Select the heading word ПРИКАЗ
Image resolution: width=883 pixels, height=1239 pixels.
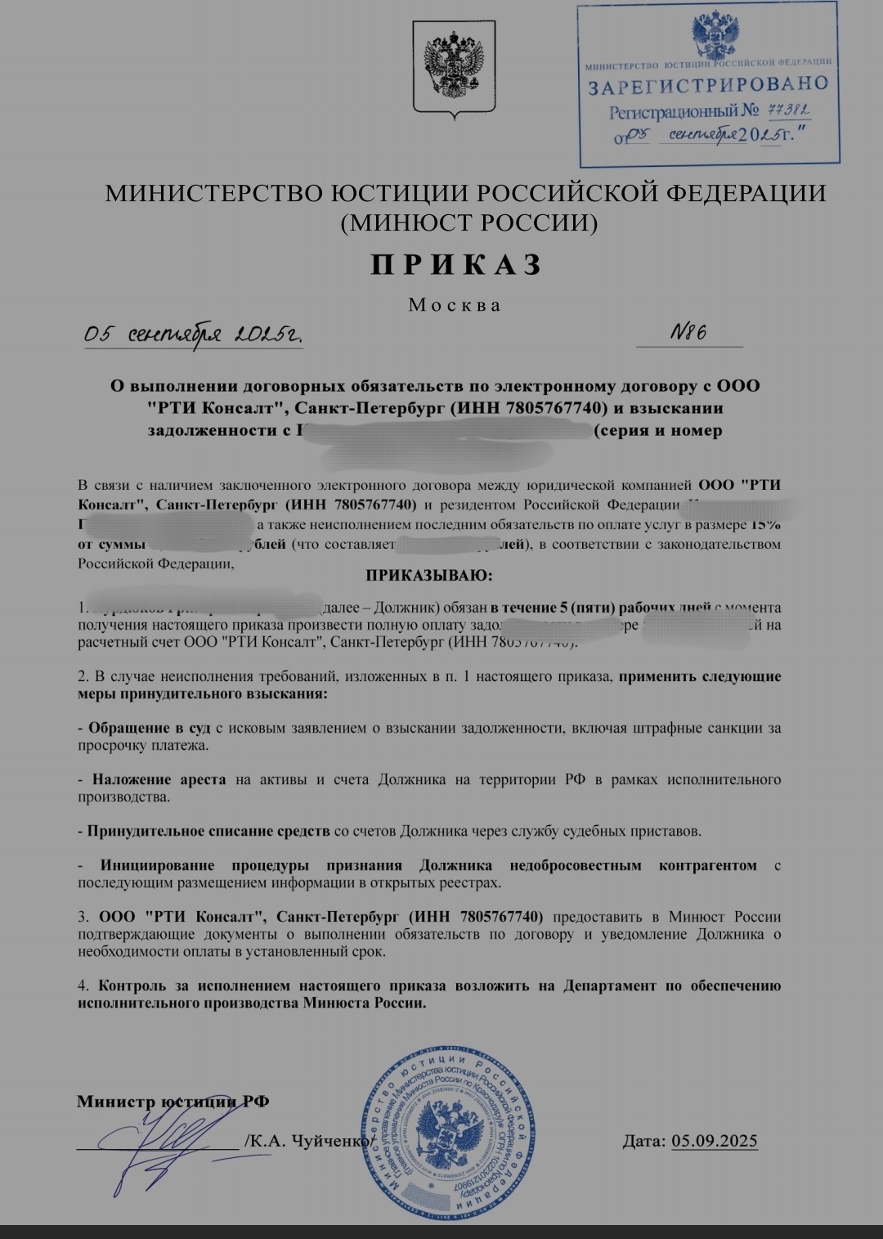(457, 265)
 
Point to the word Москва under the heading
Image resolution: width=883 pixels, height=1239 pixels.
(455, 305)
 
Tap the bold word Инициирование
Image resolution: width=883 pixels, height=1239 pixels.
(157, 865)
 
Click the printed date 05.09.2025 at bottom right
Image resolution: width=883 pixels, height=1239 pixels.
(714, 1141)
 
